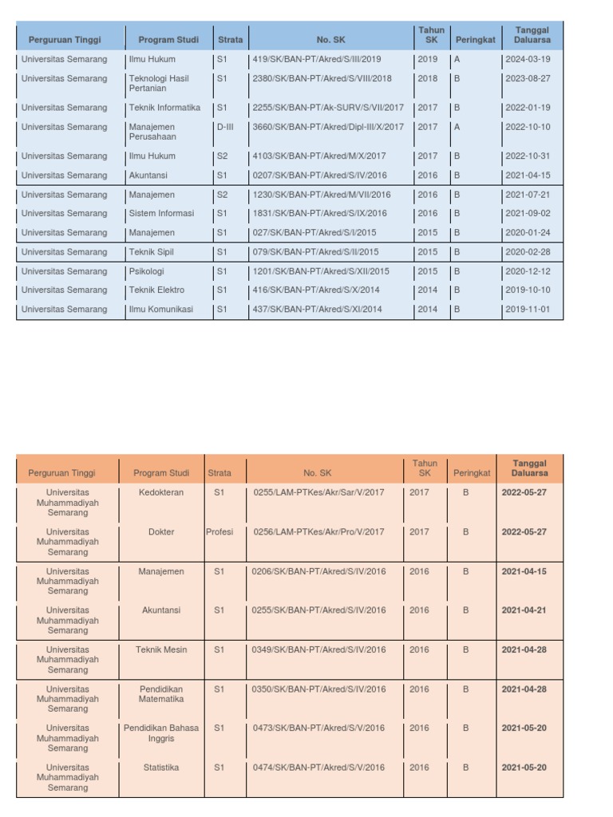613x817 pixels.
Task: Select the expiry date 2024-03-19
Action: pyautogui.click(x=528, y=59)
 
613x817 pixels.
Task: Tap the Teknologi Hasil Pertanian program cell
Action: pyautogui.click(x=159, y=84)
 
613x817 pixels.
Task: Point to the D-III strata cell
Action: pyautogui.click(x=225, y=127)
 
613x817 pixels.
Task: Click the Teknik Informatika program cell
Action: pyautogui.click(x=164, y=108)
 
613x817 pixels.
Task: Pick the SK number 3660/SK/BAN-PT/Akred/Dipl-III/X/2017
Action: pyautogui.click(x=328, y=127)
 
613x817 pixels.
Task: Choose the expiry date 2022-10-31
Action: pyautogui.click(x=528, y=156)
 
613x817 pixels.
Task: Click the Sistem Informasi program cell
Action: pyautogui.click(x=161, y=214)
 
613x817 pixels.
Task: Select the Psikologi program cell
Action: pyautogui.click(x=147, y=271)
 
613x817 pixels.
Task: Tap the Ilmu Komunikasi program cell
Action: pyautogui.click(x=161, y=310)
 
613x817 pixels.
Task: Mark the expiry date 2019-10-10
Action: pyautogui.click(x=528, y=290)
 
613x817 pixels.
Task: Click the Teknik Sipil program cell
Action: pyautogui.click(x=152, y=252)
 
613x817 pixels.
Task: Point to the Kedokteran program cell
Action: pyautogui.click(x=161, y=493)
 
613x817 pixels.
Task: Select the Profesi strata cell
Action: pyautogui.click(x=219, y=532)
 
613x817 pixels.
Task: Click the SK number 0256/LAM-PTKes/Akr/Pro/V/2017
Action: pyautogui.click(x=318, y=532)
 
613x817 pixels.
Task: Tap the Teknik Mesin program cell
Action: pyautogui.click(x=161, y=650)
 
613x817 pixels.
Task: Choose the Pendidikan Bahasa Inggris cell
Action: pyautogui.click(x=161, y=733)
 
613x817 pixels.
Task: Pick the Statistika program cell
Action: pyautogui.click(x=161, y=768)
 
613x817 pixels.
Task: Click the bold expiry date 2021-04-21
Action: pyautogui.click(x=524, y=610)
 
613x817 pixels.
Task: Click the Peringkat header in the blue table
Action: pyautogui.click(x=476, y=39)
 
